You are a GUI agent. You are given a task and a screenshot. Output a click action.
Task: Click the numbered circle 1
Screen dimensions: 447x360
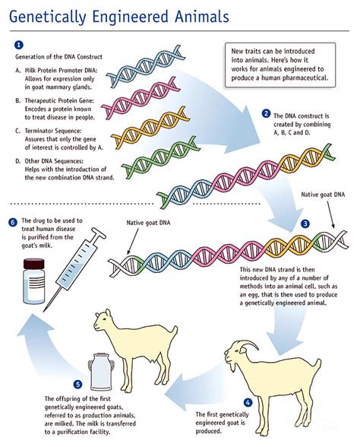coord(19,45)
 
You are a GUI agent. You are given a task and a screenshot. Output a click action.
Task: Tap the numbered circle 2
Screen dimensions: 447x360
coord(266,113)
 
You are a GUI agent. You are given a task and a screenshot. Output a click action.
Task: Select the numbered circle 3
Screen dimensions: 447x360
coord(305,224)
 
